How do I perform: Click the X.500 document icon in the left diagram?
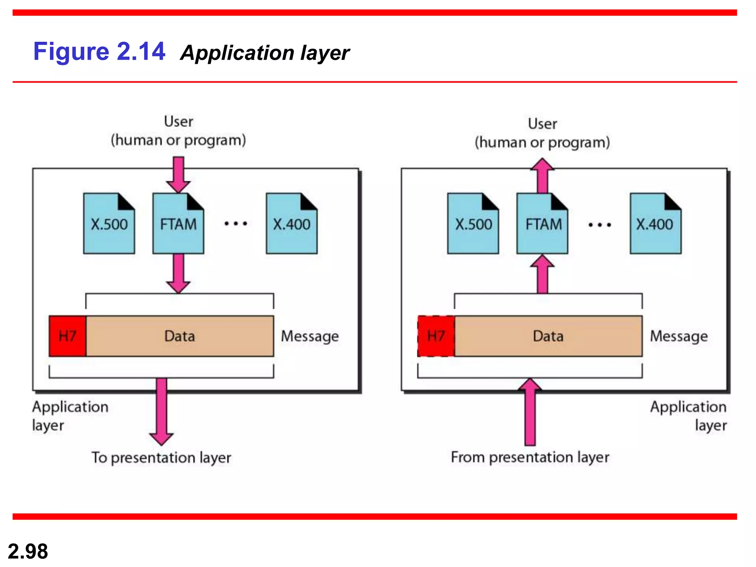[x=109, y=224]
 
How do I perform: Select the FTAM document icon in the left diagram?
[x=178, y=224]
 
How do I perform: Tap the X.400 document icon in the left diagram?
[x=292, y=224]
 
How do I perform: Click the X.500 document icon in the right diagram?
[x=473, y=224]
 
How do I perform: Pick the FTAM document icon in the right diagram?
[x=542, y=224]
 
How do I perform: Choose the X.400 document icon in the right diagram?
[x=656, y=224]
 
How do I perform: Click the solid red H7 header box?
[x=68, y=336]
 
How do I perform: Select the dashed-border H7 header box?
[x=436, y=336]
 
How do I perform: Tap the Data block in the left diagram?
[x=180, y=336]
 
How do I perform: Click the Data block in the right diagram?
[x=548, y=336]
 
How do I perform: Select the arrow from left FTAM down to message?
[x=178, y=273]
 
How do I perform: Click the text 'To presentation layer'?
[x=161, y=458]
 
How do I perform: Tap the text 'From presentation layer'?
[x=530, y=457]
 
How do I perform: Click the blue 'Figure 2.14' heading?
[x=99, y=51]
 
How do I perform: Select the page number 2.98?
[x=28, y=551]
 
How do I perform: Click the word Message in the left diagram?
[x=310, y=336]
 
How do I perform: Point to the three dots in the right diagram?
[x=599, y=224]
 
